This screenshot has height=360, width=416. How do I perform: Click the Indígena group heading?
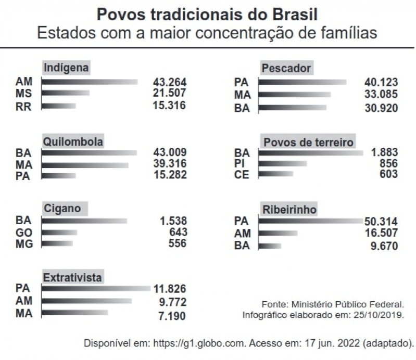click(67, 68)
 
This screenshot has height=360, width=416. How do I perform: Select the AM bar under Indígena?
click(89, 82)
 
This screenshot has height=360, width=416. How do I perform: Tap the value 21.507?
click(169, 94)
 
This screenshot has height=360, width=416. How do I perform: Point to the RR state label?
click(23, 106)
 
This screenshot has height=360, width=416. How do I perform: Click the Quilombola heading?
click(73, 142)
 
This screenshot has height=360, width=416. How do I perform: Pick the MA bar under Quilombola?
click(85, 165)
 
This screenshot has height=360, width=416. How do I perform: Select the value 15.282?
click(169, 176)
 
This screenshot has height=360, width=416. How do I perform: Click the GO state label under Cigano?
click(23, 232)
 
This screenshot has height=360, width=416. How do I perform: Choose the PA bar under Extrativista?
click(96, 288)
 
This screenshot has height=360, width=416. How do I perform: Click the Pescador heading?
click(286, 68)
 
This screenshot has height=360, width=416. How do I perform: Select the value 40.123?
click(381, 82)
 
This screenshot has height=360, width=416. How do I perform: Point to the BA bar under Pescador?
click(292, 108)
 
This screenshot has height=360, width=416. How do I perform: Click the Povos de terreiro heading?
click(309, 142)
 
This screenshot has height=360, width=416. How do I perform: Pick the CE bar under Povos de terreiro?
click(275, 174)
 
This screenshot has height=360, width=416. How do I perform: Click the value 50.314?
click(381, 221)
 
